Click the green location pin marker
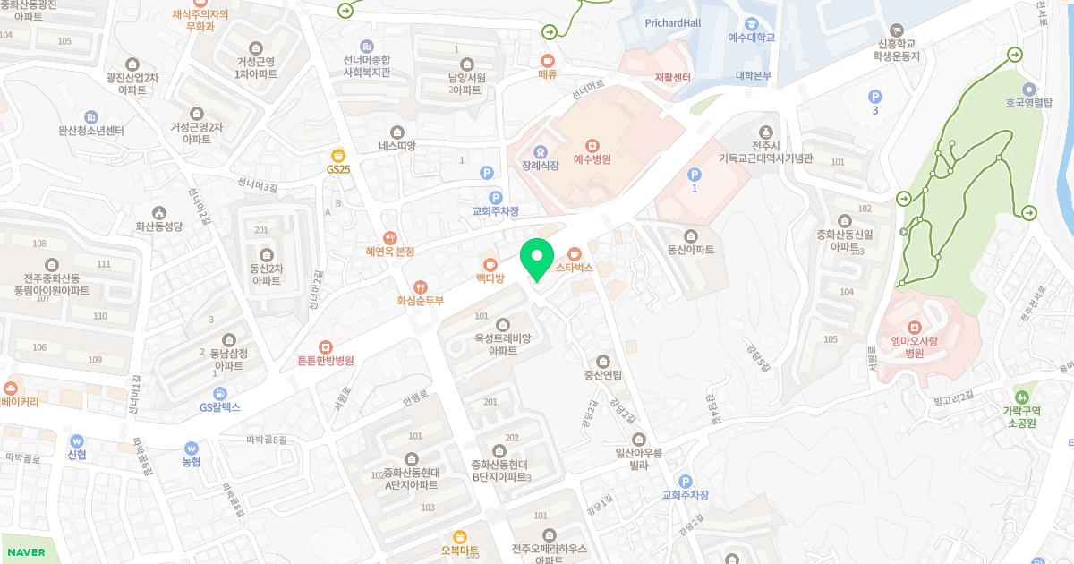pos(536,260)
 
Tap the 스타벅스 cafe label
pos(575,267)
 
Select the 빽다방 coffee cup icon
pos(490,264)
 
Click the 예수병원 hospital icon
pos(592,145)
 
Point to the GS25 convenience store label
pos(338,169)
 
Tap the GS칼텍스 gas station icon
pos(220,392)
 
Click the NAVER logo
pos(25,552)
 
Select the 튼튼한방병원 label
pos(326,361)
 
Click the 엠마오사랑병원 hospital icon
pos(914,326)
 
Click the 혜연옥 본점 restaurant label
pos(390,252)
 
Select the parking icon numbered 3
pos(875,96)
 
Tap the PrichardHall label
pos(673,22)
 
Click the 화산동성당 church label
pos(158,227)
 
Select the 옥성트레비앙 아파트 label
pos(503,345)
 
